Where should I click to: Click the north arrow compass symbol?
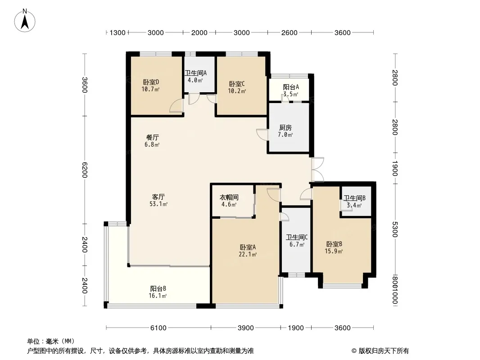click(25, 21)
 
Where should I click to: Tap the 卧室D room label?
click(151, 82)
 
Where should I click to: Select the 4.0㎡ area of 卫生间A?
click(195, 81)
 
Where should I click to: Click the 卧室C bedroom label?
click(237, 84)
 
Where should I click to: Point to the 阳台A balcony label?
click(291, 87)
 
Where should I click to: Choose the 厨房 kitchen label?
click(285, 127)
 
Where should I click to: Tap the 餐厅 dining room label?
click(152, 137)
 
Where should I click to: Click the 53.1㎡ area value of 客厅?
click(158, 204)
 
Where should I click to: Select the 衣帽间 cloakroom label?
click(229, 198)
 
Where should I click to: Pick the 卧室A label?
click(248, 247)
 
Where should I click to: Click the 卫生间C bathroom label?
click(297, 237)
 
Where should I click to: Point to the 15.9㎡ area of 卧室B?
click(334, 252)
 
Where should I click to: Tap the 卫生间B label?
click(354, 198)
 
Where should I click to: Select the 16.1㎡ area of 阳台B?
click(158, 296)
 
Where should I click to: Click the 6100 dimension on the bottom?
click(158, 328)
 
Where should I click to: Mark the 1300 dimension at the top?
click(118, 33)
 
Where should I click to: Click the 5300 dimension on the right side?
click(394, 229)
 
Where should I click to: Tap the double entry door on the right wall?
click(317, 170)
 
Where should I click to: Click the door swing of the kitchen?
click(262, 135)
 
